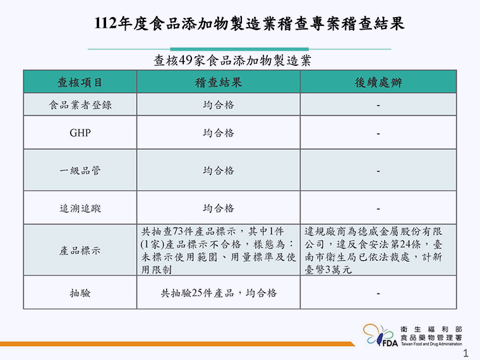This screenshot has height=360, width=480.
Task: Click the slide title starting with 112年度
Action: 249,23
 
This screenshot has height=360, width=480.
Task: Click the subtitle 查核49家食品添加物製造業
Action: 232,61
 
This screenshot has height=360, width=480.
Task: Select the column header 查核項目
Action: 80,82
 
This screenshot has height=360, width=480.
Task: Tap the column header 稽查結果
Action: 219,82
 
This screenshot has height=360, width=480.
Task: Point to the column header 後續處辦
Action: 378,82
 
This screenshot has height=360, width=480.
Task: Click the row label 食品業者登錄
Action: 80,105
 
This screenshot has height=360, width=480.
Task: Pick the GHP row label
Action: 80,133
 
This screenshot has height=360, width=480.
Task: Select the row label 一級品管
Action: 80,171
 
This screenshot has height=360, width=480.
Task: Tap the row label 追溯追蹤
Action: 80,208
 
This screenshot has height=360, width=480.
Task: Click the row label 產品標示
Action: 80,251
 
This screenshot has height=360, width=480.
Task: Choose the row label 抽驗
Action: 80,293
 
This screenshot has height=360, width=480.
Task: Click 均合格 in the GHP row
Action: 219,133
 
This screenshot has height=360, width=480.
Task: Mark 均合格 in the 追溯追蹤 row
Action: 219,208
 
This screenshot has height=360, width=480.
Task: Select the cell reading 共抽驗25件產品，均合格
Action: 219,293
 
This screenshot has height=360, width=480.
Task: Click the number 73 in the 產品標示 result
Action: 178,231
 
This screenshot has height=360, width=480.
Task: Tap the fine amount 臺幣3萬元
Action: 328,270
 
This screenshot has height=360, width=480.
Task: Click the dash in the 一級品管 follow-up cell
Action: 378,171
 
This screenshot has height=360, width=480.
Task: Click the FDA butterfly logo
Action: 380,335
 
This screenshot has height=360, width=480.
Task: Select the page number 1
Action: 466,353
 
